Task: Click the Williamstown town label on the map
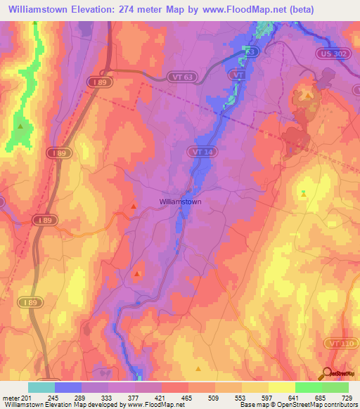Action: [181, 202]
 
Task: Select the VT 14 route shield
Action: [198, 150]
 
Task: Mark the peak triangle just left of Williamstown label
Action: [134, 206]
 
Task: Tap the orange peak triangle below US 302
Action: [308, 95]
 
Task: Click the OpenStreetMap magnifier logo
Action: [326, 373]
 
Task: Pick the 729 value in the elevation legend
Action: [347, 398]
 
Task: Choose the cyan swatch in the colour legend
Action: [41, 387]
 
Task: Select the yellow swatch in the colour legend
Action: [281, 387]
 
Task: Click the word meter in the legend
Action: [11, 398]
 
